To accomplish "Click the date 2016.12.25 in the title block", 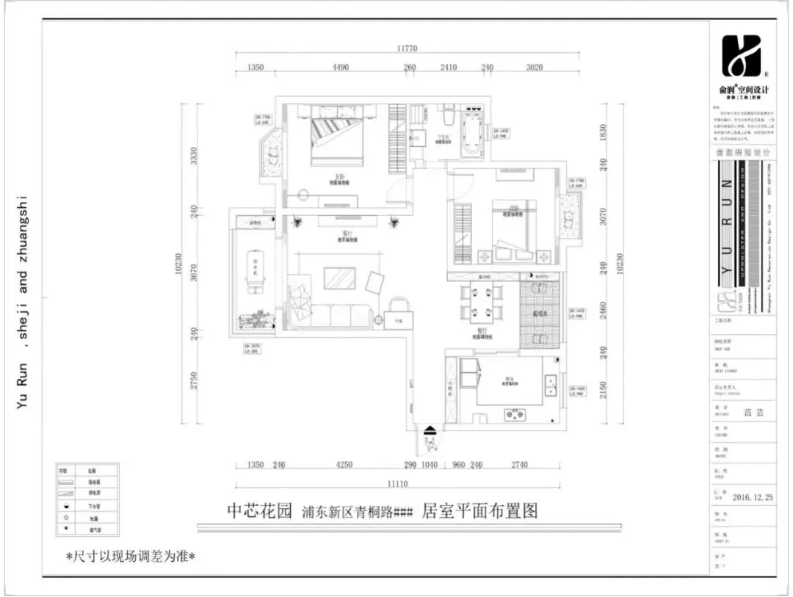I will [x=753, y=496].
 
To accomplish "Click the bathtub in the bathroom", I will [x=471, y=134].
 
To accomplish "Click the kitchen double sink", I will [x=549, y=383].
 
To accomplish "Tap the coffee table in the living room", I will [x=340, y=278].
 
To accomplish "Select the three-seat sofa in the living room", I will [x=330, y=316].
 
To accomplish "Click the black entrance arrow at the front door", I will [x=430, y=431].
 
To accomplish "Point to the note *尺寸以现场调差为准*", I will [x=130, y=556].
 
